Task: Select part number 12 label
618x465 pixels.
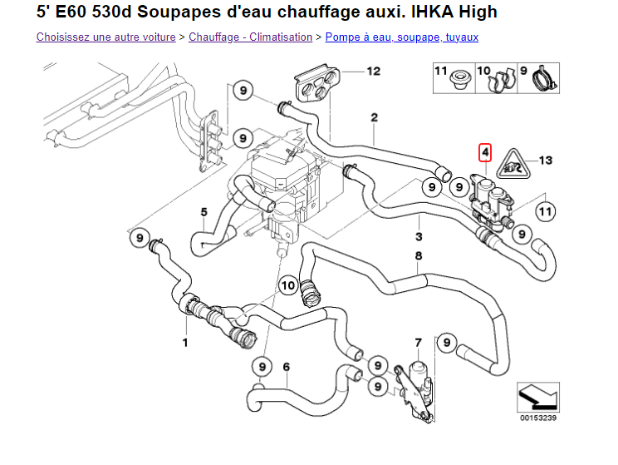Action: (x=374, y=71)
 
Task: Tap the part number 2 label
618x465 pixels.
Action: (x=375, y=117)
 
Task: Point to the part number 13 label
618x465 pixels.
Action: (x=545, y=159)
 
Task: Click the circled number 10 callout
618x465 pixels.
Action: (x=287, y=285)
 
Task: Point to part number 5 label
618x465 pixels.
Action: (x=204, y=212)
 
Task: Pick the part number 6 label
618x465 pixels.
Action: (x=286, y=366)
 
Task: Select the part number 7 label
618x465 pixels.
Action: (x=419, y=342)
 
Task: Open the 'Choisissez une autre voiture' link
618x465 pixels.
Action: (x=105, y=37)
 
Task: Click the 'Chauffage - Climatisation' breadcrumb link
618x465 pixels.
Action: (x=250, y=37)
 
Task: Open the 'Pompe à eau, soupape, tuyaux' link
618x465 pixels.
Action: (x=401, y=37)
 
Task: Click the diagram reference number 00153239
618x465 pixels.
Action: (x=537, y=418)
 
